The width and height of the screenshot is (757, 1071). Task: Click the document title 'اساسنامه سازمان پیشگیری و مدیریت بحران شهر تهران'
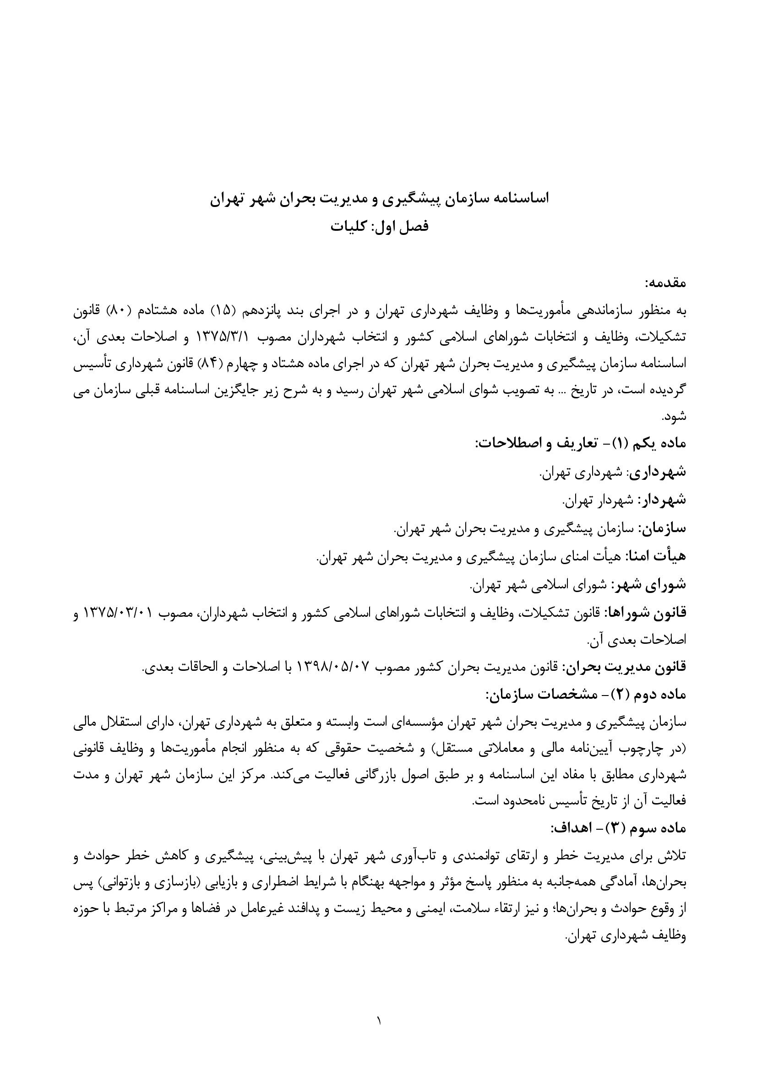click(x=379, y=198)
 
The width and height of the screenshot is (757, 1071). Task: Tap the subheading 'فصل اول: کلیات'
click(x=379, y=227)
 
